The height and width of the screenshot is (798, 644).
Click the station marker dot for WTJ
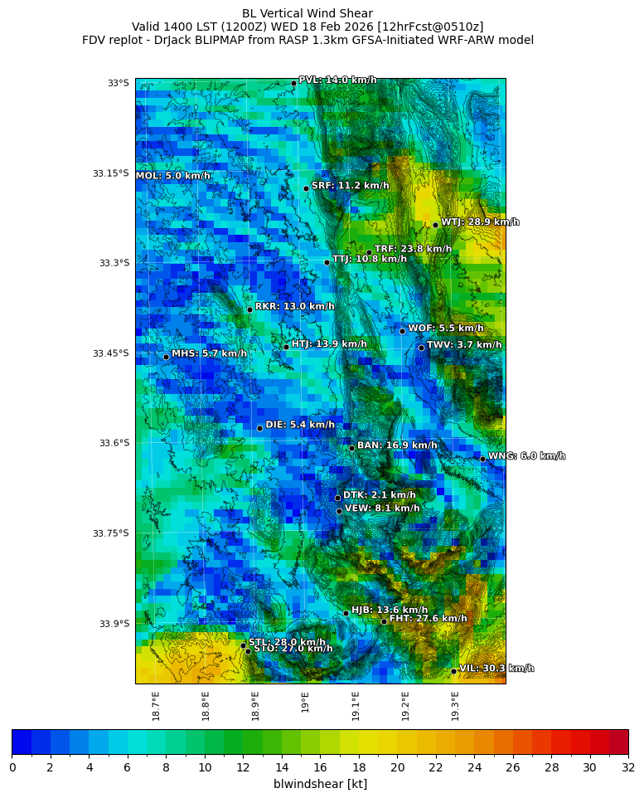[x=435, y=225]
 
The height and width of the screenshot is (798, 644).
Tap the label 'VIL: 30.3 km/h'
[x=496, y=669]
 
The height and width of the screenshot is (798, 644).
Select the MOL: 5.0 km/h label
[x=173, y=176]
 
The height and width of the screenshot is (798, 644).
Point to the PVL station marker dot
[x=293, y=83]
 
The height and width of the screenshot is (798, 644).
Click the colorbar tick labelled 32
[x=627, y=767]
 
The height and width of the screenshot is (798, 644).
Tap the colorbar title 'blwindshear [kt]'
[x=320, y=784]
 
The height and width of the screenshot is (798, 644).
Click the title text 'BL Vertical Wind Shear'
[x=307, y=13]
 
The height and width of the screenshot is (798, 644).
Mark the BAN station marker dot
[x=351, y=448]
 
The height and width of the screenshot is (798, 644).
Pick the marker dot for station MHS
[x=166, y=357]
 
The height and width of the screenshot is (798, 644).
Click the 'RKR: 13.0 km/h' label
[x=294, y=307]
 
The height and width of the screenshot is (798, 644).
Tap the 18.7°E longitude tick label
[x=156, y=706]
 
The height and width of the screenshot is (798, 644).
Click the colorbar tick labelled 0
[x=12, y=767]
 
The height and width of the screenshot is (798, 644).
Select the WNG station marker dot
[x=482, y=459]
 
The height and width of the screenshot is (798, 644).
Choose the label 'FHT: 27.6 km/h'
[x=428, y=619]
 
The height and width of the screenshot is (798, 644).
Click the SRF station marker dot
[x=306, y=188]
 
